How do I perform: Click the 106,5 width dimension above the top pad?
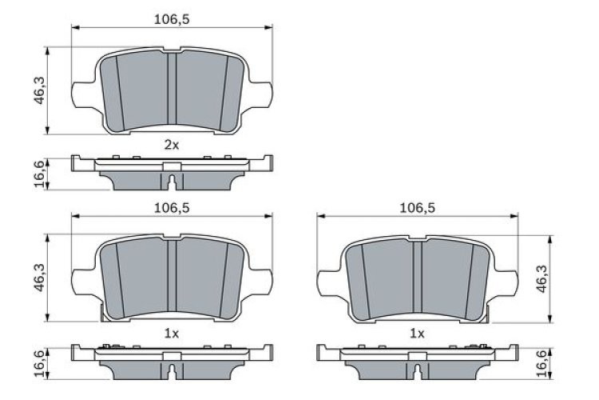(x=171, y=18)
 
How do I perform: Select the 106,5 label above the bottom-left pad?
(x=171, y=207)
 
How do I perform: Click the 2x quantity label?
(x=171, y=145)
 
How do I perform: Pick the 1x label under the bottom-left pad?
(x=171, y=333)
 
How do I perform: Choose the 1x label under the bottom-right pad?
(x=417, y=333)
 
